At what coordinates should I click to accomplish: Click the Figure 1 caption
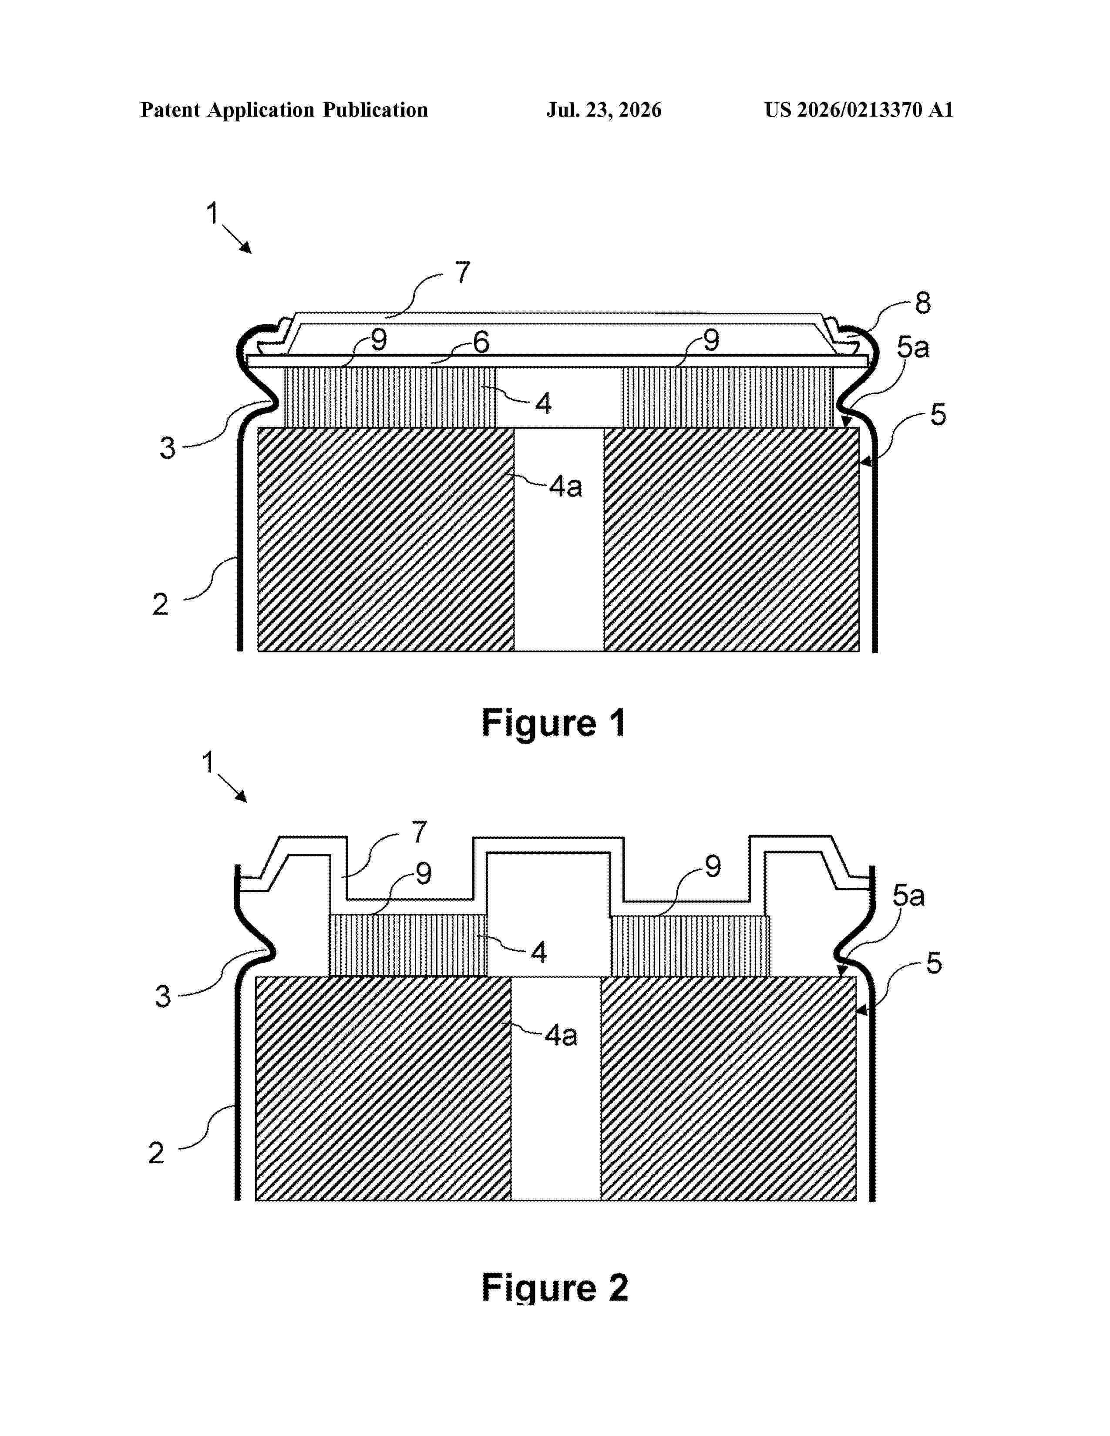tap(554, 723)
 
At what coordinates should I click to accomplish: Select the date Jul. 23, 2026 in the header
tap(604, 110)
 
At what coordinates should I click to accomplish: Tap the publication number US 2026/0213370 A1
tap(859, 110)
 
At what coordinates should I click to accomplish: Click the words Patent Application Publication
tap(284, 110)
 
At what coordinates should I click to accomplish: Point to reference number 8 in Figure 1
tap(922, 303)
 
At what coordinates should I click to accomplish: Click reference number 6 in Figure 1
tap(481, 342)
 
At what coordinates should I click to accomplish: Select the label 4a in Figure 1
tap(565, 486)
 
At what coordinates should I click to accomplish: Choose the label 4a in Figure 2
tap(561, 1036)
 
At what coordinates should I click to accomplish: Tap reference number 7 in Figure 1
tap(463, 272)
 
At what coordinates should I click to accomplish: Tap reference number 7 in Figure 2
tap(420, 832)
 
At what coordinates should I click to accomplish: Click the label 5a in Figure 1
tap(913, 347)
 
